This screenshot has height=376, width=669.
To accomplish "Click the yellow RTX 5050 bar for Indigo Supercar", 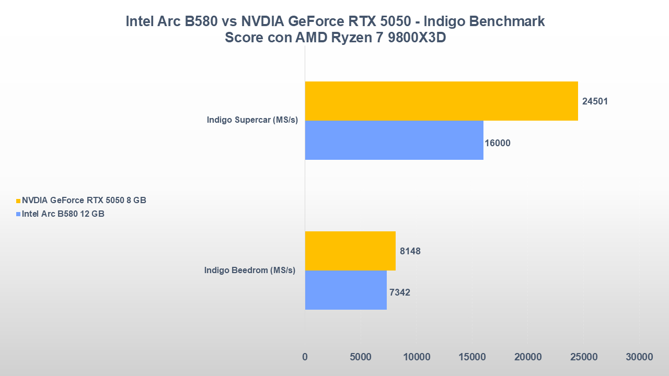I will pos(441,101).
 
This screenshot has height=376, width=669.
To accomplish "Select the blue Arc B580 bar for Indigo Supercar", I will pos(394,140).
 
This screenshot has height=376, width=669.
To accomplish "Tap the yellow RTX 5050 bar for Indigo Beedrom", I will pos(350,251).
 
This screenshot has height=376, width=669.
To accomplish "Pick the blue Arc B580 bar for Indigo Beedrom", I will pos(345,290).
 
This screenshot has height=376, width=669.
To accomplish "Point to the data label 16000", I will pos(498,143).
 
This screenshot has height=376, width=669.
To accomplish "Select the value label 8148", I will pos(410,251).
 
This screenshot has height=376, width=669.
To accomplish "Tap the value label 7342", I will pos(400,292).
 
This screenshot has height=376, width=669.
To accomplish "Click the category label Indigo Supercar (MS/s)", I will pos(252,120).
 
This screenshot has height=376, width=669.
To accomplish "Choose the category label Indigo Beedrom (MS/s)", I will pos(250,270).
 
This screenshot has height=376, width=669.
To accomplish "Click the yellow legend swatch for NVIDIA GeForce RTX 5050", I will pos(18,201).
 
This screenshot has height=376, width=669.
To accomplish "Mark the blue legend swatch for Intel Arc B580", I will pos(18,214).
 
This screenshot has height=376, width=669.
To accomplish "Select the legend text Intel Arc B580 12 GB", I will pos(63,214).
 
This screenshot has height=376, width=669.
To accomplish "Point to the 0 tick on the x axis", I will pos(305,357).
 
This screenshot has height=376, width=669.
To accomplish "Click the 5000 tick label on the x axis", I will pos(361,357).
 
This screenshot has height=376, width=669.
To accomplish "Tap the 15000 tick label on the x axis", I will pos(472,357).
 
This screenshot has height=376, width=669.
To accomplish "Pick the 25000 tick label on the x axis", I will pos(583,357).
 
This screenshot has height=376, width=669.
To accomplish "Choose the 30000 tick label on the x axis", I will pos(639,357).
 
